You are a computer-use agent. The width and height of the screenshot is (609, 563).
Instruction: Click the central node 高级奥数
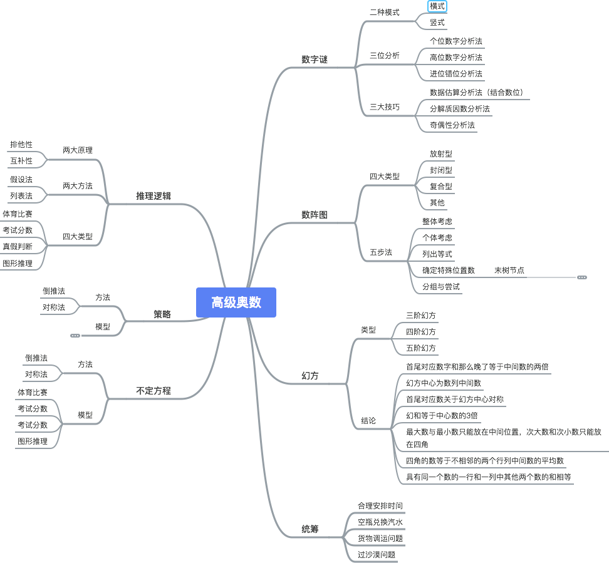coord(236,302)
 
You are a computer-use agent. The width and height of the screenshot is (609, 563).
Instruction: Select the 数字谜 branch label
coord(314,60)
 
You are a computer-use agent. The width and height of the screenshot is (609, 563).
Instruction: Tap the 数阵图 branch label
coord(314,215)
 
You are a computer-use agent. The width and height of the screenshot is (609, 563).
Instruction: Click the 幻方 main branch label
coord(310,376)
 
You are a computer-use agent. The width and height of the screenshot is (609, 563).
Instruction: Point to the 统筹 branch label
coord(310,530)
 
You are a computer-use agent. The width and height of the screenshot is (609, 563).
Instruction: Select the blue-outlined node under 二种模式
coord(437,6)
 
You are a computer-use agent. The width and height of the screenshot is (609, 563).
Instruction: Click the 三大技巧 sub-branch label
coord(384,107)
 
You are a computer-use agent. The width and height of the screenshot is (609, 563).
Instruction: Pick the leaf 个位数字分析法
coord(455,41)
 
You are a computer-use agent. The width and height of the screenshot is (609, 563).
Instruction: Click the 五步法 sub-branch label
coord(380,252)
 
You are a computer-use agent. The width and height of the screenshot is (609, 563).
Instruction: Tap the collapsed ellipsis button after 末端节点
coord(582,277)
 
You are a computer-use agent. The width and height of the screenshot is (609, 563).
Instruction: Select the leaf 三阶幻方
coord(420,315)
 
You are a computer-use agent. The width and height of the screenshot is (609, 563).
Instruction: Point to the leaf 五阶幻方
coord(420,348)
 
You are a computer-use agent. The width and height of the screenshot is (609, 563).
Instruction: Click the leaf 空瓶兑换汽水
coord(380,522)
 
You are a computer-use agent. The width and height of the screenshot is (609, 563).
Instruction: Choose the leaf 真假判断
coord(17,246)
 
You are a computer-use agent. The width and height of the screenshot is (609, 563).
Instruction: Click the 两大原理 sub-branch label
coord(77,151)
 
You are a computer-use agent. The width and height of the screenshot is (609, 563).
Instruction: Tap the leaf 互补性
coord(21,161)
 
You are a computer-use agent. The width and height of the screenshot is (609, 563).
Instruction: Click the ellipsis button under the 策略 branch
coord(75,336)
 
